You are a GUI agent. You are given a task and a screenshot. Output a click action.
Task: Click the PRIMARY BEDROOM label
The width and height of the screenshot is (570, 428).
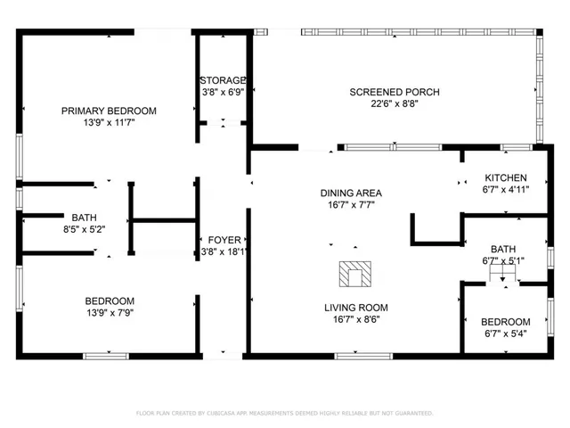[x=109, y=111]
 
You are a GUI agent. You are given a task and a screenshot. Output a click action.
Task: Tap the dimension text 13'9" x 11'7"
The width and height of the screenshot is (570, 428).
[x=109, y=124]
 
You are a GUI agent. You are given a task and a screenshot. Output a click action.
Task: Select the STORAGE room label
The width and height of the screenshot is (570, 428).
[x=222, y=79]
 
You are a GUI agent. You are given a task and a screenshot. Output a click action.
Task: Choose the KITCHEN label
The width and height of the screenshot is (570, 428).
[x=505, y=177]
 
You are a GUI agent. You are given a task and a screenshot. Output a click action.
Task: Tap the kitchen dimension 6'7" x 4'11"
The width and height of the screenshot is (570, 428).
[x=505, y=189]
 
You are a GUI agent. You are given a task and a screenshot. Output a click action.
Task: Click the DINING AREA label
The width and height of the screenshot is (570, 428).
[x=351, y=193]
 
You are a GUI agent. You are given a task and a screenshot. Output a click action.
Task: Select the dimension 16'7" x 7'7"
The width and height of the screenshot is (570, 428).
[x=351, y=204]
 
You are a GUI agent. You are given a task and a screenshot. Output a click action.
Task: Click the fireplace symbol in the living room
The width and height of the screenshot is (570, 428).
[x=355, y=274]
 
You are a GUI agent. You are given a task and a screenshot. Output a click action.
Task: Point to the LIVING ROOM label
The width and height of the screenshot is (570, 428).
[x=355, y=308]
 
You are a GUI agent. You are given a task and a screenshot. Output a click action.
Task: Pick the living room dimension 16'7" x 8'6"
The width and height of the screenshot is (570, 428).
[x=355, y=319]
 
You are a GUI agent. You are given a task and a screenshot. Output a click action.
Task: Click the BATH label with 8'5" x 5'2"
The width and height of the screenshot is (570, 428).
[x=84, y=217]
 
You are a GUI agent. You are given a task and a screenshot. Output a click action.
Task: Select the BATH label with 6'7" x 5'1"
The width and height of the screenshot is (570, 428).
[x=503, y=249]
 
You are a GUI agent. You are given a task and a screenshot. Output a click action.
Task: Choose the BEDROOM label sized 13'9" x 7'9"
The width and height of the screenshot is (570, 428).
[x=110, y=300]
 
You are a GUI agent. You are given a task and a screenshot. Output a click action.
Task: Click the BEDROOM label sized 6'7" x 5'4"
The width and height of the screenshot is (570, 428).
[x=505, y=322]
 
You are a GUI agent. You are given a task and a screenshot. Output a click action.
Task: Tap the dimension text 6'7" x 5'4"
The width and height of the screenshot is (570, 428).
[x=505, y=334]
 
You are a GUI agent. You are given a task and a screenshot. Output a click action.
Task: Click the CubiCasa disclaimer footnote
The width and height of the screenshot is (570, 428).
[x=284, y=413]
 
